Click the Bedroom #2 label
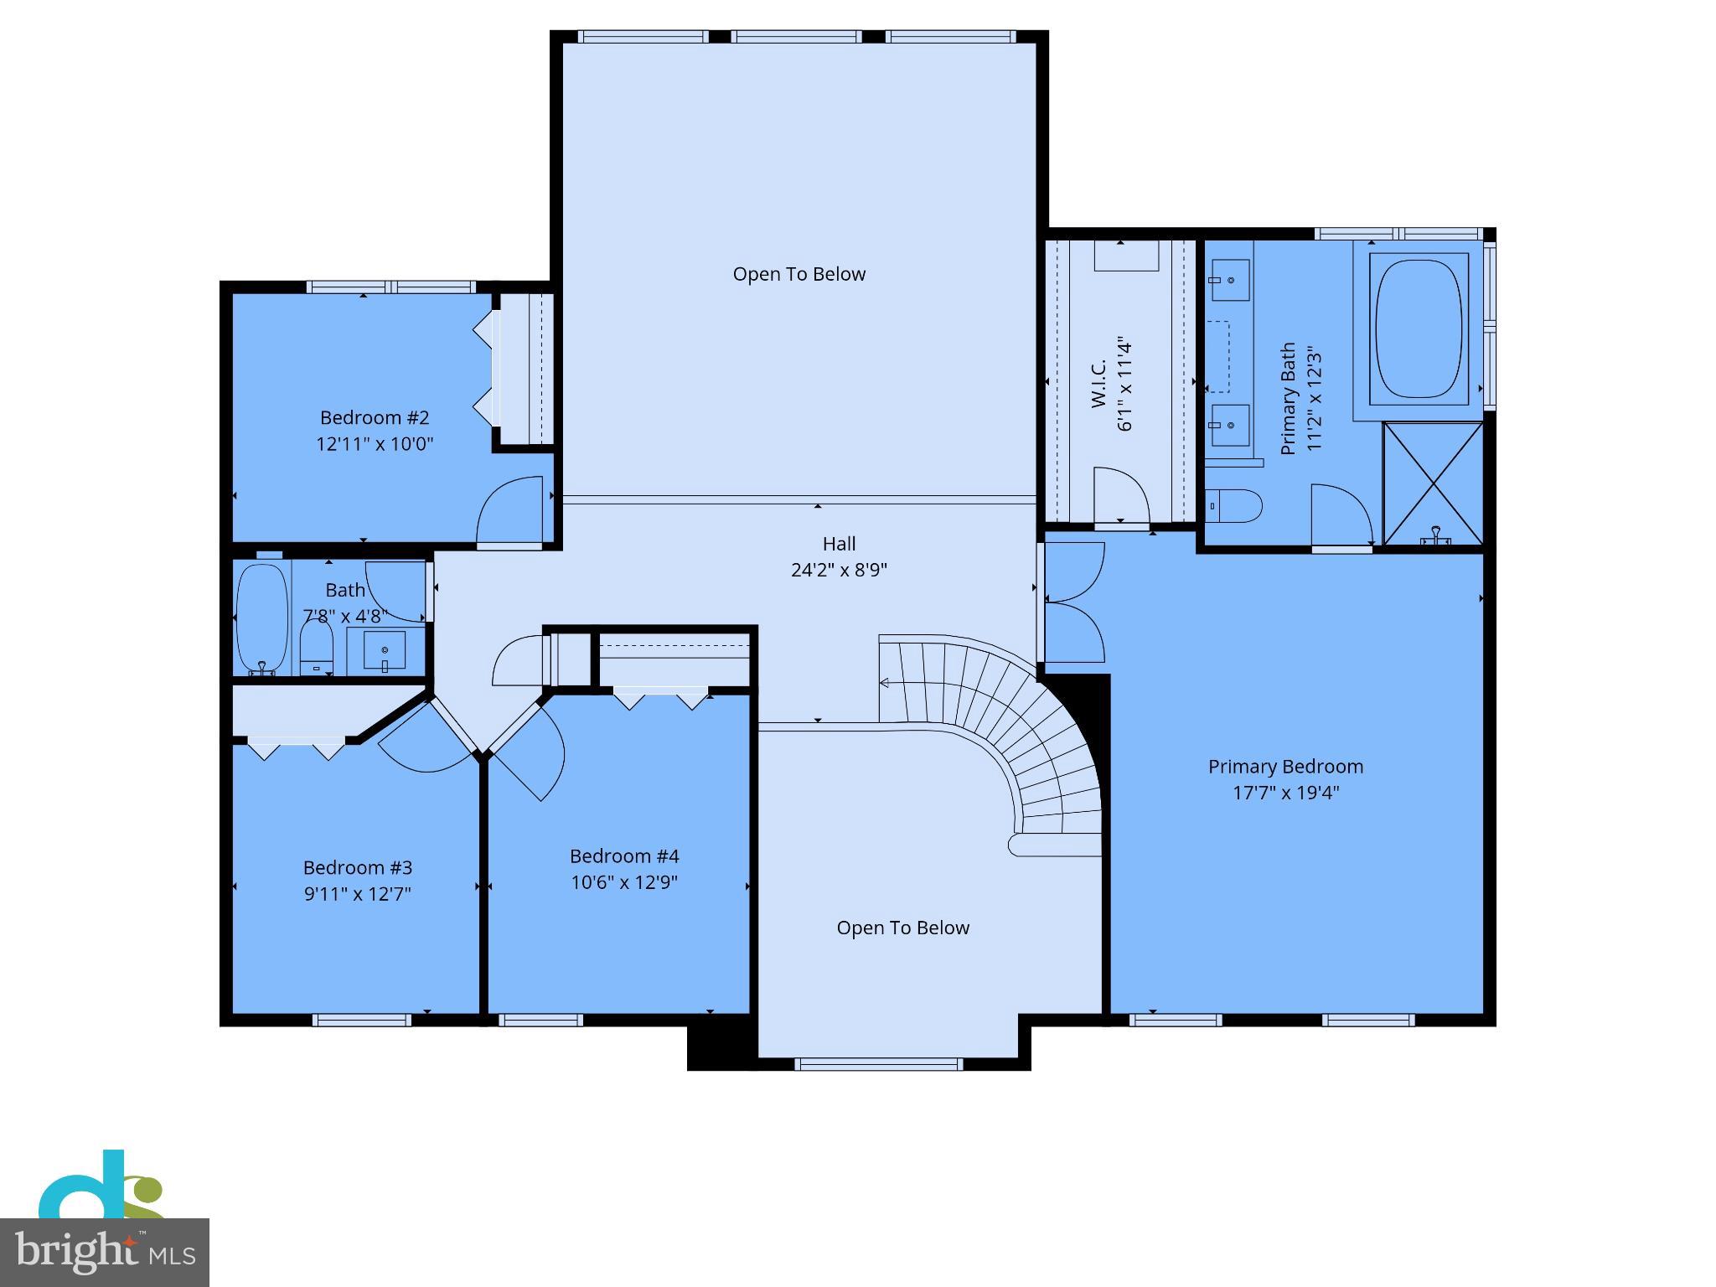coord(375,417)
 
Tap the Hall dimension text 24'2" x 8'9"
coord(839,571)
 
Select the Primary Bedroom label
coord(1285,767)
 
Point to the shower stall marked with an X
coord(1433,483)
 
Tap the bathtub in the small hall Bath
coord(261,618)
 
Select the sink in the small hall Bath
coord(385,650)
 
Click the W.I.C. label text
coord(1099,384)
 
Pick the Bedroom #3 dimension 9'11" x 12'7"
coord(358,894)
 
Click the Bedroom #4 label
coord(624,856)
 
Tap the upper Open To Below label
coord(799,274)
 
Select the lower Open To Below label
coord(902,928)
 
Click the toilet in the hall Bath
coord(317,650)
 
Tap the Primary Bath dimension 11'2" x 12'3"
coord(1314,399)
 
